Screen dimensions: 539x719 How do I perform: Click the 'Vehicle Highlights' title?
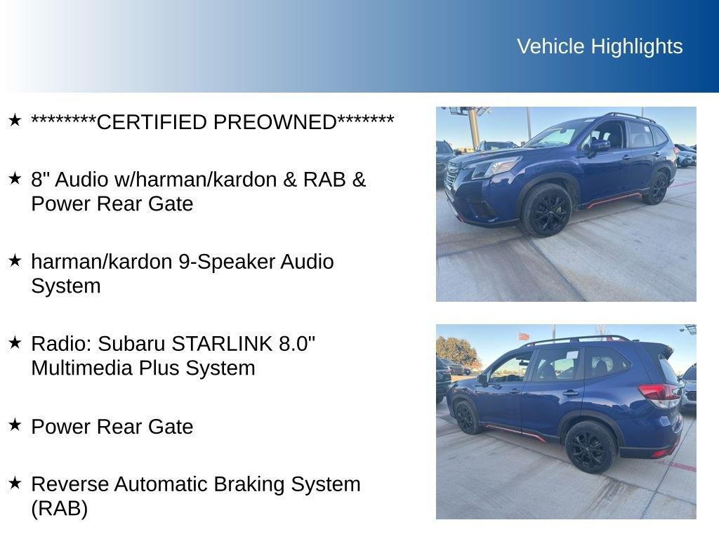[600, 46]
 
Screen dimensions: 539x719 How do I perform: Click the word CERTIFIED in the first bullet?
[152, 122]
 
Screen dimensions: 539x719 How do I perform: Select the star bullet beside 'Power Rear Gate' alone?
[15, 425]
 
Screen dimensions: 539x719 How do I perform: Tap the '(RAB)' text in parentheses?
[59, 509]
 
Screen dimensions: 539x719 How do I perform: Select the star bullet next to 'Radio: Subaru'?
[15, 342]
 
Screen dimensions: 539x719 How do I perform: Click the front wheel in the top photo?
[546, 210]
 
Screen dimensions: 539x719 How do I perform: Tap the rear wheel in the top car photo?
[657, 188]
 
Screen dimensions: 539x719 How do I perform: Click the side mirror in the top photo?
[599, 145]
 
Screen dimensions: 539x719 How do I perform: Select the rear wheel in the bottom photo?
[590, 446]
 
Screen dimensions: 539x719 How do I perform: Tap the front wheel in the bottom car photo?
[465, 417]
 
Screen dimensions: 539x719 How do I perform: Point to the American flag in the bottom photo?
[523, 336]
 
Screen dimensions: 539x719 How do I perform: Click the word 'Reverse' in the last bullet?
[70, 484]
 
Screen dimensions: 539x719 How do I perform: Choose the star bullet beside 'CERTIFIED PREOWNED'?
[15, 121]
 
